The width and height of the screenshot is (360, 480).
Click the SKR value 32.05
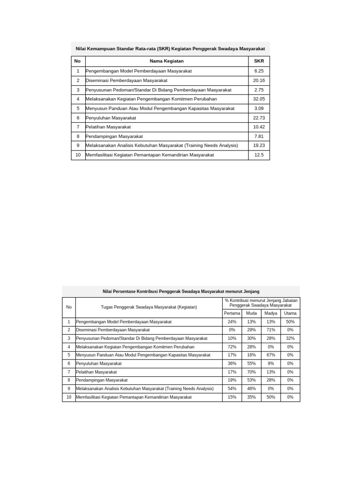click(x=259, y=99)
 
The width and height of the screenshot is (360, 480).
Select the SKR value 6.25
click(x=259, y=71)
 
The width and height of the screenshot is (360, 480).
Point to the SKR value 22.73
click(x=259, y=118)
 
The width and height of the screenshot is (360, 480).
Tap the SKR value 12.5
click(x=259, y=155)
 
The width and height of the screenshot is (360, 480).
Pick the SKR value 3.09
click(x=259, y=108)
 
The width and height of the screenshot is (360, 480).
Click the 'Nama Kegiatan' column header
click(x=166, y=61)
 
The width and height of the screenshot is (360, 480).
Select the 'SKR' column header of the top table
click(x=259, y=61)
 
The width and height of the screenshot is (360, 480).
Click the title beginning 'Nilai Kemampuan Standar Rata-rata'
click(x=171, y=48)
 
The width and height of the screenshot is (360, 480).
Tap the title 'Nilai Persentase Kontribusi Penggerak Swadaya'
click(x=181, y=291)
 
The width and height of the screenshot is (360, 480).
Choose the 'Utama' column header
click(x=290, y=313)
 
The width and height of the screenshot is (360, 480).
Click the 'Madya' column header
click(x=270, y=313)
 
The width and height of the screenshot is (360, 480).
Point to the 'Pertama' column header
click(x=232, y=313)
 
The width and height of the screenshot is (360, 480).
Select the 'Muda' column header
click(x=251, y=313)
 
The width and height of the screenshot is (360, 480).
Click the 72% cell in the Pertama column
click(x=232, y=347)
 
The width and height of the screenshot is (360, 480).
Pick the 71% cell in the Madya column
click(x=270, y=330)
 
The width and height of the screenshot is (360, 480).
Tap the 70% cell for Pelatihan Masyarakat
click(x=251, y=372)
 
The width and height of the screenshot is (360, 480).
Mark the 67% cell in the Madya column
click(x=270, y=355)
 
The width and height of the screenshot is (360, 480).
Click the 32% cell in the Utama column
click(x=290, y=338)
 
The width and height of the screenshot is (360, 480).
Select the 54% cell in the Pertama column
click(x=232, y=389)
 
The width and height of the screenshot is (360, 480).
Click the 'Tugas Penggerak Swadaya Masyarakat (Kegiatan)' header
click(x=149, y=307)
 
